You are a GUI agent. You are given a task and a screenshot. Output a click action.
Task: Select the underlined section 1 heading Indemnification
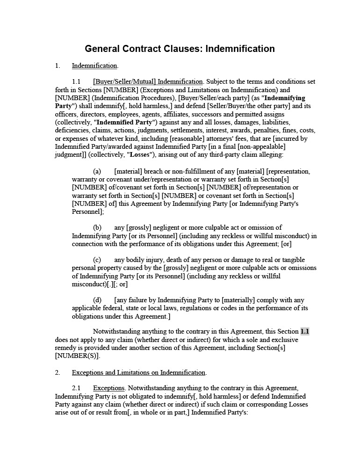94,66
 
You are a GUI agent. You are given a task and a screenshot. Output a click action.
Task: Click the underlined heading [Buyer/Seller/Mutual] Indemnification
148,82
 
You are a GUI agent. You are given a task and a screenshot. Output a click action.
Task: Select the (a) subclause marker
97,171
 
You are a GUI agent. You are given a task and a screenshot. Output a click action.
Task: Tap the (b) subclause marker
97,227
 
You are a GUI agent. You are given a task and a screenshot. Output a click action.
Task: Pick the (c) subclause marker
97,260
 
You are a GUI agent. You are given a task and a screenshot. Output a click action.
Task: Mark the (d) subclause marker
97,300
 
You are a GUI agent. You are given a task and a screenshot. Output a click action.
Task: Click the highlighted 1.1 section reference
305,332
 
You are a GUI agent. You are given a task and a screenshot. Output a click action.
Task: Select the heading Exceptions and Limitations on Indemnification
138,372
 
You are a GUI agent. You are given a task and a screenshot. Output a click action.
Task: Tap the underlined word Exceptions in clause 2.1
109,388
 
